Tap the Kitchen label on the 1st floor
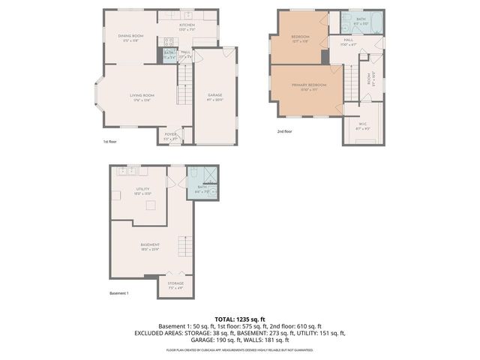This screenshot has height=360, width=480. point(187,25)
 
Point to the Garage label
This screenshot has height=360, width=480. point(214,95)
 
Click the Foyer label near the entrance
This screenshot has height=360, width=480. point(171,135)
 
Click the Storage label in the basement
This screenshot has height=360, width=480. point(175,283)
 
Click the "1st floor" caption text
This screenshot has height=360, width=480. point(110,141)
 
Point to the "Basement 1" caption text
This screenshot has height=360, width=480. point(118,293)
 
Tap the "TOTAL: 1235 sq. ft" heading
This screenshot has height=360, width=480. point(239,319)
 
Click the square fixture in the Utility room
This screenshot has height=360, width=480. point(150,205)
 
